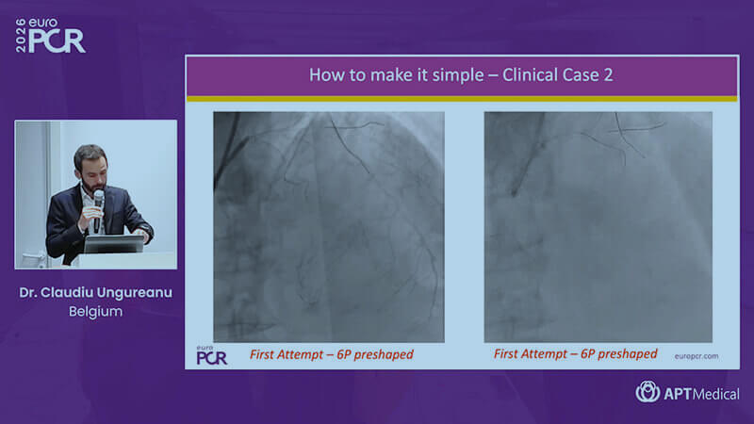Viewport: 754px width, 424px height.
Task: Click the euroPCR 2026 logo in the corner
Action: coord(50,36)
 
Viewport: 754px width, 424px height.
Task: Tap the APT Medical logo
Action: coord(687,392)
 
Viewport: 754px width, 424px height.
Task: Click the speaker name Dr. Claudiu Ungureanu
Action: coord(96,293)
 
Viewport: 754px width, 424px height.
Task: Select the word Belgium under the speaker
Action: coord(96,312)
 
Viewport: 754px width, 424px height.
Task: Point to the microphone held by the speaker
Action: coord(99,209)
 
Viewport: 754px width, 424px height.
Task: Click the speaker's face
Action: coord(91,170)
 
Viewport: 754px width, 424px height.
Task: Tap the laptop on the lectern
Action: coord(114,244)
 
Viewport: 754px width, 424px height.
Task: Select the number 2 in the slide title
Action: coord(608,75)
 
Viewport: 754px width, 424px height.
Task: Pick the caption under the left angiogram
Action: coord(332,355)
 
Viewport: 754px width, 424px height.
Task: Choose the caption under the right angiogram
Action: coord(575,354)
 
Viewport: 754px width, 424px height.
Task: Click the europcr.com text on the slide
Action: coord(697,356)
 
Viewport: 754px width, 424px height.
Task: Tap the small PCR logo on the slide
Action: coord(211,355)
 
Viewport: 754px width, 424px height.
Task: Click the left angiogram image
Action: coord(329,227)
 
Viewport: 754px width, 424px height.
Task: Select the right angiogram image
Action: coord(598,227)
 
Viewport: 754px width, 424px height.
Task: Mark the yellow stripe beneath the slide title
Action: coord(462,99)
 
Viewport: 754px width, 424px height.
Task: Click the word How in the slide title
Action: coord(322,75)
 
